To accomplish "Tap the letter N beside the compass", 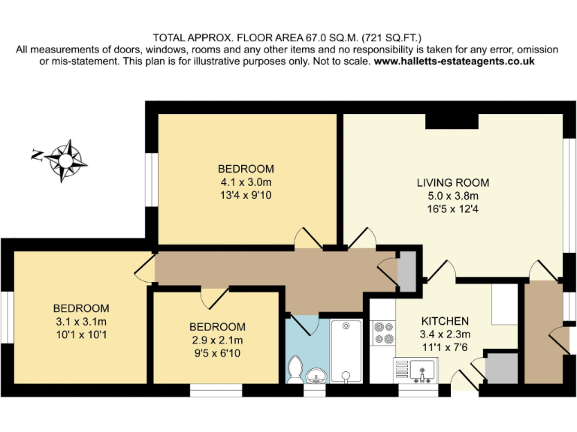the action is click(x=36, y=155).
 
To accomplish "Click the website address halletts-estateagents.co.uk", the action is click(x=454, y=61).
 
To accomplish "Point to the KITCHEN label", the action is click(x=445, y=321).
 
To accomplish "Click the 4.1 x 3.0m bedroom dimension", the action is click(x=246, y=182).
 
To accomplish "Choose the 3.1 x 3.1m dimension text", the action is click(x=81, y=322).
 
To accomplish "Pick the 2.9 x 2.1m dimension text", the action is click(x=217, y=340).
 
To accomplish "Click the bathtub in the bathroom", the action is click(x=346, y=350).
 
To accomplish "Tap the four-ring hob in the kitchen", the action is click(x=383, y=332).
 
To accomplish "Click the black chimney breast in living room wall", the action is click(x=452, y=121).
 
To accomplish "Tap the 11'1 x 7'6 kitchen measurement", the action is click(x=445, y=347).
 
